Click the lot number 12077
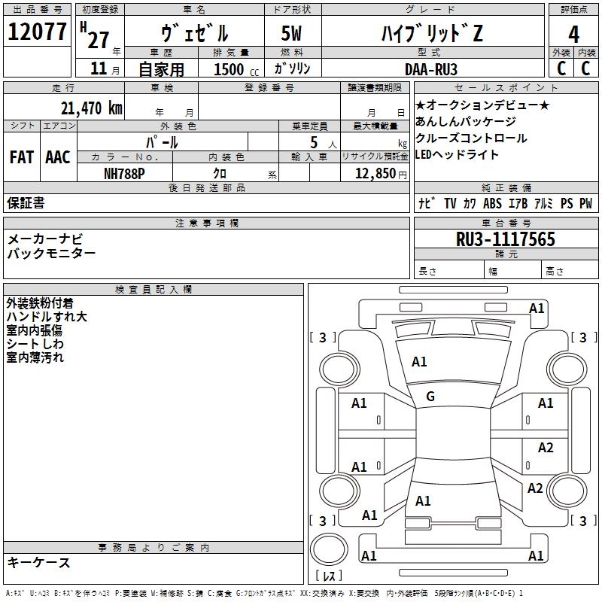click(x=37, y=32)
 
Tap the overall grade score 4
click(x=574, y=35)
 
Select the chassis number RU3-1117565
click(x=506, y=239)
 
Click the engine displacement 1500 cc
click(x=232, y=69)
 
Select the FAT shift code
click(x=21, y=157)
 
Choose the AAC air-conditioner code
click(x=57, y=157)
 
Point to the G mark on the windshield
click(x=430, y=397)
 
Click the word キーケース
click(x=38, y=562)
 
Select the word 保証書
click(x=26, y=203)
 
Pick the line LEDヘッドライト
click(x=457, y=154)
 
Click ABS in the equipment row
click(x=492, y=204)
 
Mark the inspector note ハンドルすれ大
click(x=47, y=317)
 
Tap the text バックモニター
click(x=51, y=254)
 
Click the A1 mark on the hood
click(x=419, y=362)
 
